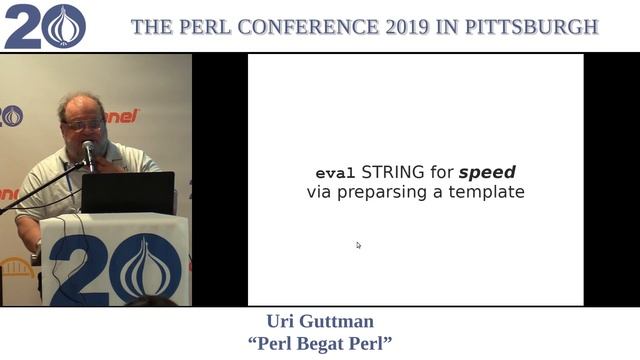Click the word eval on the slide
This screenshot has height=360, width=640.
(x=335, y=172)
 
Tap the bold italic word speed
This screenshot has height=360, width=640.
(x=487, y=172)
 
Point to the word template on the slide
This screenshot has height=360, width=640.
(x=486, y=191)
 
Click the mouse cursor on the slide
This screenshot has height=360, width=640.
(x=358, y=244)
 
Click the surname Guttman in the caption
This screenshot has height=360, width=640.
(x=337, y=322)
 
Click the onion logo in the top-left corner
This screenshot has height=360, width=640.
(x=66, y=26)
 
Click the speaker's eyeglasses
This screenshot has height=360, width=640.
(x=83, y=125)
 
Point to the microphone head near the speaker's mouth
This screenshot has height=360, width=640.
(x=89, y=149)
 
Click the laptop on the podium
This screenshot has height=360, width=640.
(x=128, y=192)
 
